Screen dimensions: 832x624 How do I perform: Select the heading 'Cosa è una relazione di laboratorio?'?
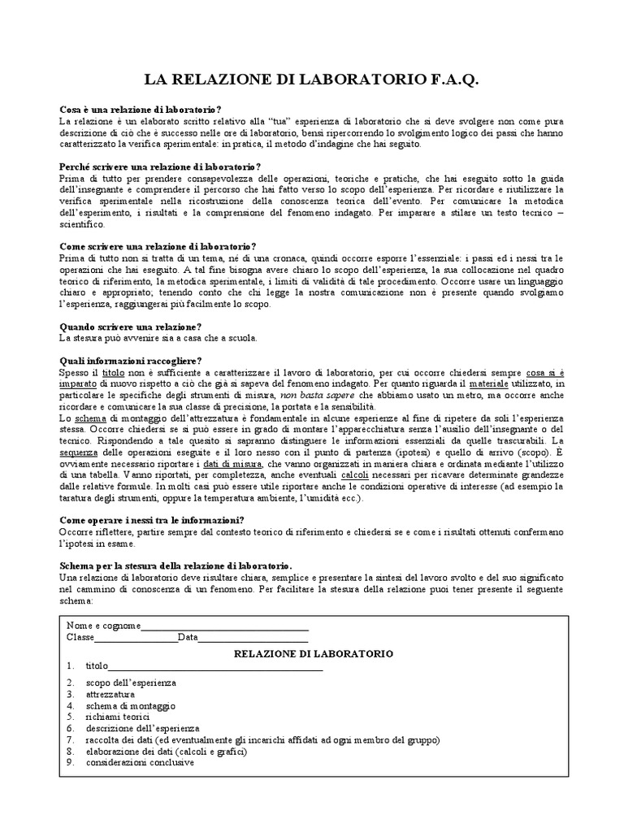[x=141, y=110]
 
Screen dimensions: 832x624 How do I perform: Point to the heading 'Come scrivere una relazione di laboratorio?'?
[x=158, y=246]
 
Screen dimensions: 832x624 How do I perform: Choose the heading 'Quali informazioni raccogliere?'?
[x=131, y=361]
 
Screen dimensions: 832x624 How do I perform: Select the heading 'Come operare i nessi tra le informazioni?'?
[x=153, y=520]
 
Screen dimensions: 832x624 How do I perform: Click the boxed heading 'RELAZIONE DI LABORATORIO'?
[x=313, y=653]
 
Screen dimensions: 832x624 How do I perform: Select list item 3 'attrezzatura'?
[x=110, y=695]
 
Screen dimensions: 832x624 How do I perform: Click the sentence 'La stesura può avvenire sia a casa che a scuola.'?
[x=158, y=338]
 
